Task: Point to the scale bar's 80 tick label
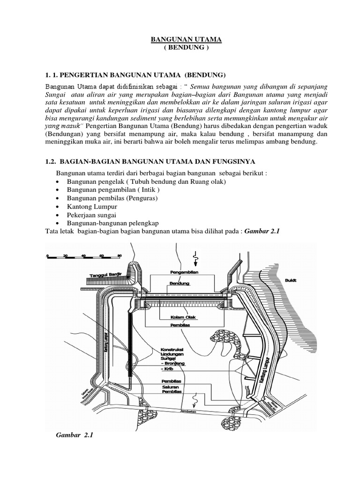click(x=120, y=255)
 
